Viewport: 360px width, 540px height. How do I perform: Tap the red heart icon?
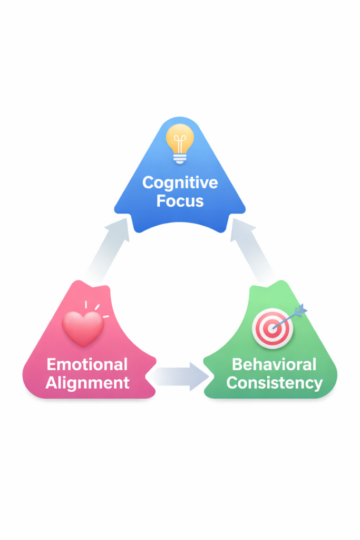point(83,328)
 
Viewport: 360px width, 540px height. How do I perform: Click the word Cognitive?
point(180,183)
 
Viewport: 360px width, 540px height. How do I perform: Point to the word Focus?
point(180,201)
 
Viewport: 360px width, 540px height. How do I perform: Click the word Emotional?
point(87,364)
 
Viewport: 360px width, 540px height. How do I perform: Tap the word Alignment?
point(87,383)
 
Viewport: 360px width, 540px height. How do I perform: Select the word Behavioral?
point(274,364)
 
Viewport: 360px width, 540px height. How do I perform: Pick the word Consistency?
point(274,383)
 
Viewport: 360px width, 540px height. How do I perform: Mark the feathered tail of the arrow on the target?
point(301,311)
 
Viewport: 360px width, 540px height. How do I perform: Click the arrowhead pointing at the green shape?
point(199,375)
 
